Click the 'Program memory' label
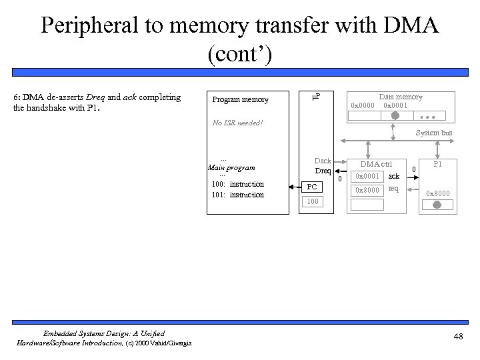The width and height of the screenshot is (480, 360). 240,100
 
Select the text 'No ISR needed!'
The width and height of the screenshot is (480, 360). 237,123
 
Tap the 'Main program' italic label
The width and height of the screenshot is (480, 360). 232,168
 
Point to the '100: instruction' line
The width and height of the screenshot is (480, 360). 237,184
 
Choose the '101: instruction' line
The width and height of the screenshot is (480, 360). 237,195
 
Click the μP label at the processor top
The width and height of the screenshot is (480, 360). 316,97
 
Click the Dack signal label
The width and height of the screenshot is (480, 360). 323,161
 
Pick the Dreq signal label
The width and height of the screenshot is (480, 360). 323,171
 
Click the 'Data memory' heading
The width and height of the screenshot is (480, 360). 400,97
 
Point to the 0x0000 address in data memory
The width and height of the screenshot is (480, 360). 363,106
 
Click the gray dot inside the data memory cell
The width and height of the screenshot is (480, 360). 395,115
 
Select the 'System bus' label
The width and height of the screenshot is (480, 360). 434,133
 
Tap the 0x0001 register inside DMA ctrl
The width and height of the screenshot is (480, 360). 367,177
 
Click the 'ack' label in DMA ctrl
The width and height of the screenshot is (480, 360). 394,177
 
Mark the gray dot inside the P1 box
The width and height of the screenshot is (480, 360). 437,206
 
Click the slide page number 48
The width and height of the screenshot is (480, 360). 457,337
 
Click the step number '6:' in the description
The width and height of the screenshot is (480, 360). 17,97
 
